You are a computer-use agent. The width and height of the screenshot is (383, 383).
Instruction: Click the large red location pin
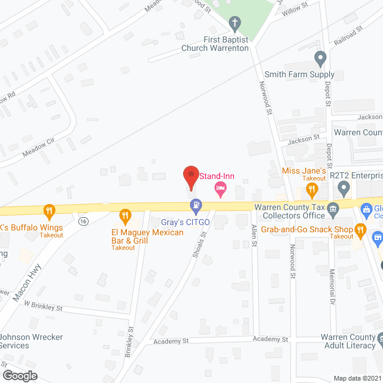tap(190, 177)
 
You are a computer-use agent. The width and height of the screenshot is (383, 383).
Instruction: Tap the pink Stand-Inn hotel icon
tap(220, 190)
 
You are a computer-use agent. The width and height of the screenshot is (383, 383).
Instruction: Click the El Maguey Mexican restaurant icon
tap(125, 215)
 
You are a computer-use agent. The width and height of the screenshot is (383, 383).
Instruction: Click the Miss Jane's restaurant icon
tap(312, 190)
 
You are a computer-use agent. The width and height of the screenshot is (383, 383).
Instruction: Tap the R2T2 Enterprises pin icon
tap(344, 190)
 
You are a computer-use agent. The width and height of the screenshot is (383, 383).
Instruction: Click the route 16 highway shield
tap(82, 221)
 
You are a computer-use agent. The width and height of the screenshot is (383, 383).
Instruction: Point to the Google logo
tap(20, 375)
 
